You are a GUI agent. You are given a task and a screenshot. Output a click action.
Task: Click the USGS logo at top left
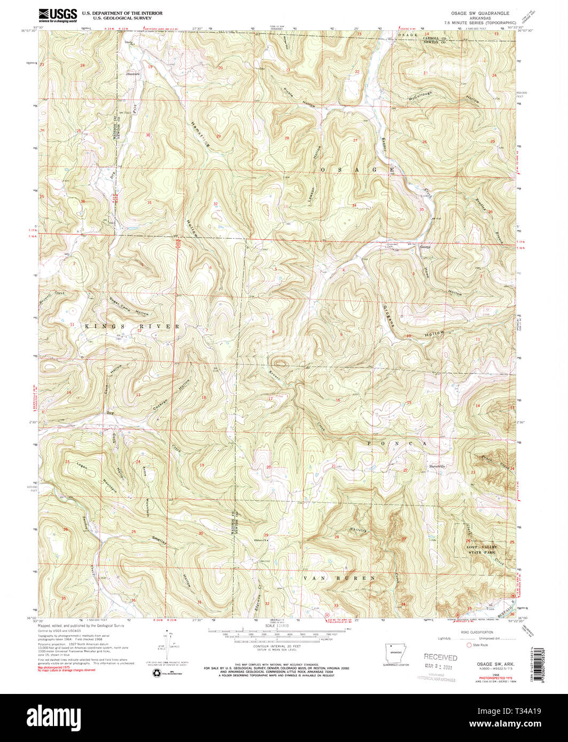coord(57,15)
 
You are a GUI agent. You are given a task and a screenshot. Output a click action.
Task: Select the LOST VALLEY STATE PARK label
coord(481,550)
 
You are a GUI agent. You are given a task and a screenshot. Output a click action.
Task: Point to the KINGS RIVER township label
coord(130,325)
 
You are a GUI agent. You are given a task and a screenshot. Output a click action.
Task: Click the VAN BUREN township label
coord(340,578)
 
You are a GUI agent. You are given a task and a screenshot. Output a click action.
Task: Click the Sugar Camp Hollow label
coord(128,306)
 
